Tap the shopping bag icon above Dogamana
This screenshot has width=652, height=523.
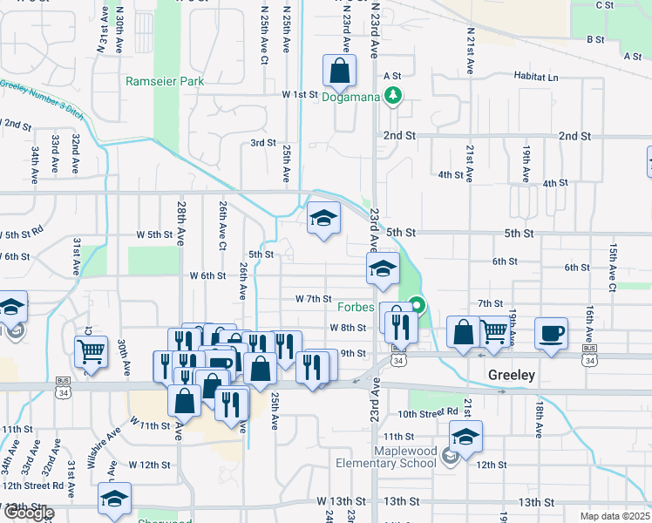[x=339, y=71]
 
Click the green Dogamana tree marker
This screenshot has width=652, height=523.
[x=394, y=95]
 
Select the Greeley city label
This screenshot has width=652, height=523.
[x=510, y=375]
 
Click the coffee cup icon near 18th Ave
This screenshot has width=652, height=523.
[x=551, y=334]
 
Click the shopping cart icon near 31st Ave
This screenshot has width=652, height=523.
[x=91, y=352]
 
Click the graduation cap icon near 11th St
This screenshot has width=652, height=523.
[x=465, y=437]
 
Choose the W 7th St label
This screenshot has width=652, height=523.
[x=314, y=298]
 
